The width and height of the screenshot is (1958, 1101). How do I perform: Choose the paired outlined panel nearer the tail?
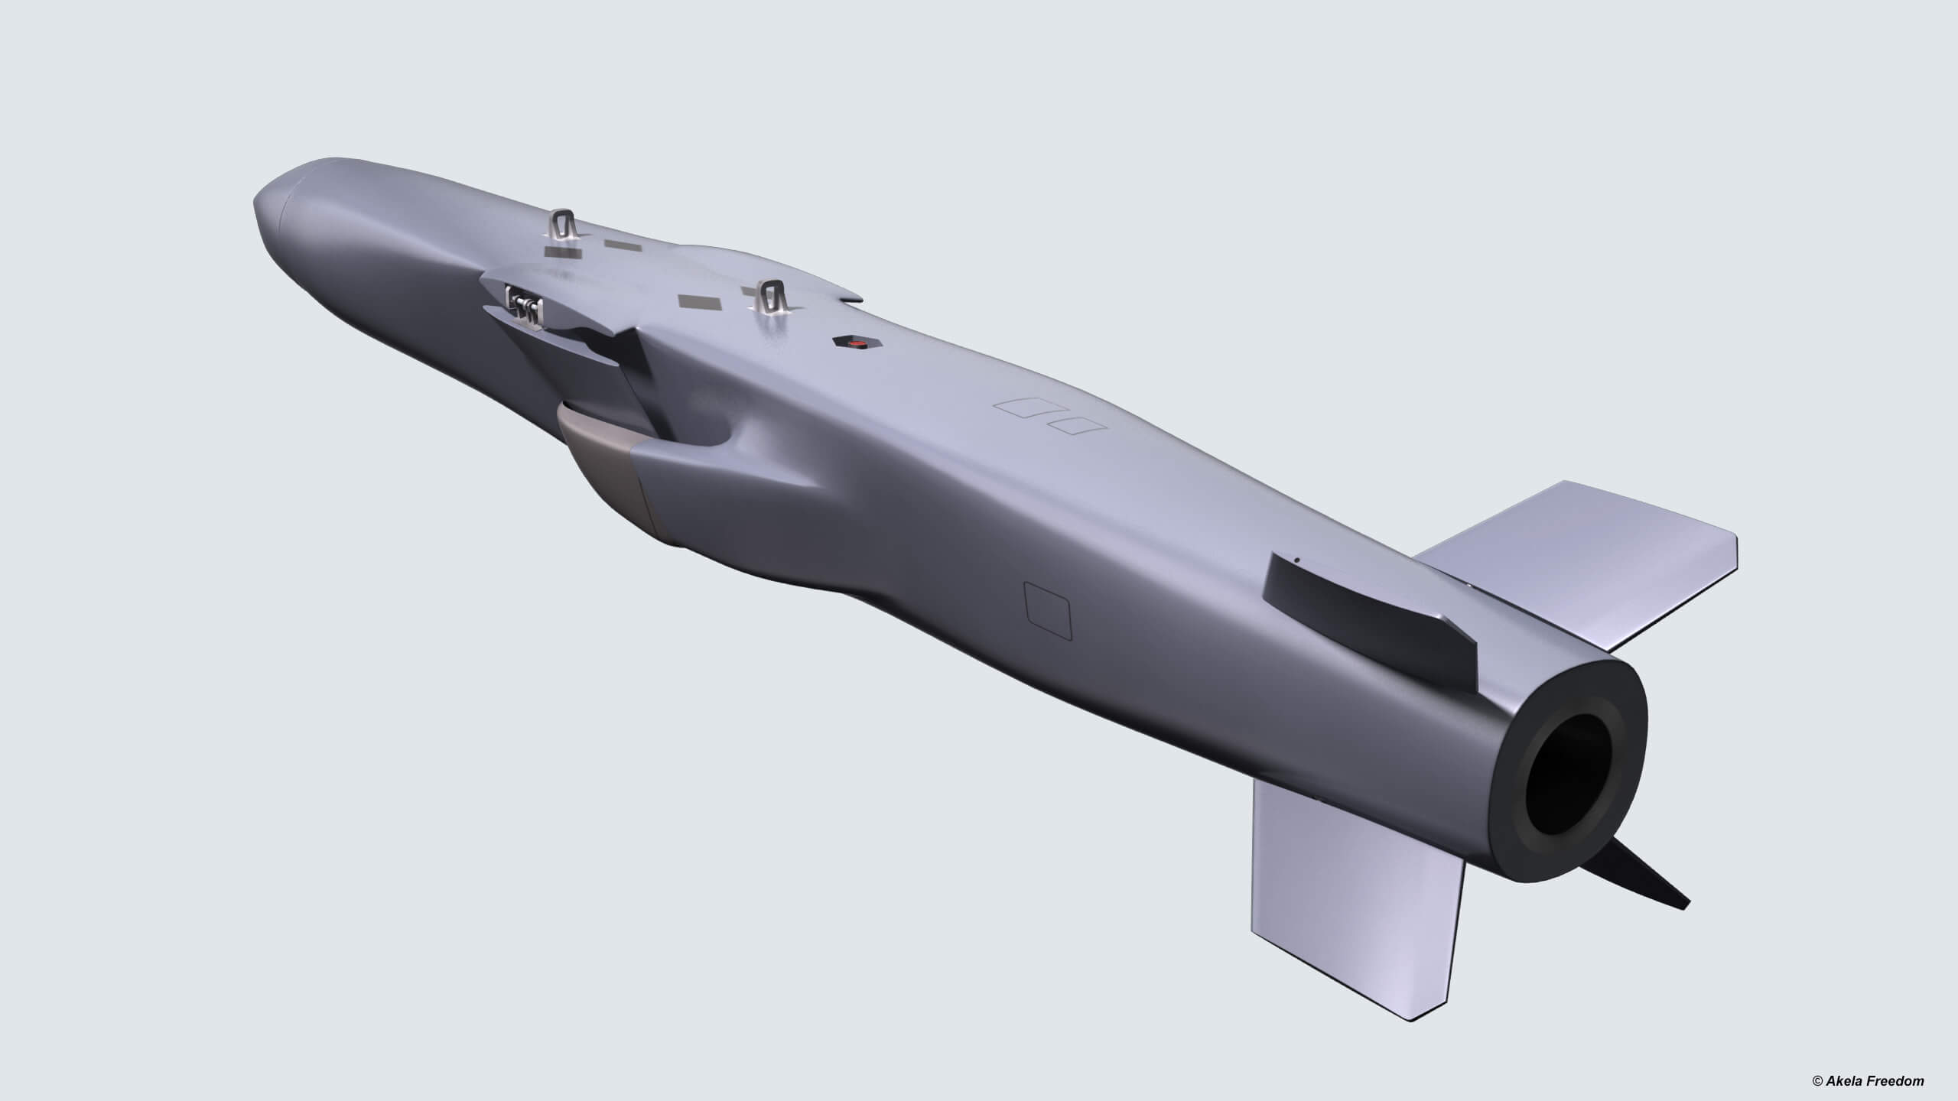1075,426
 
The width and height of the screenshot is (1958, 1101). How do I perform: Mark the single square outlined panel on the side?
1048,610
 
